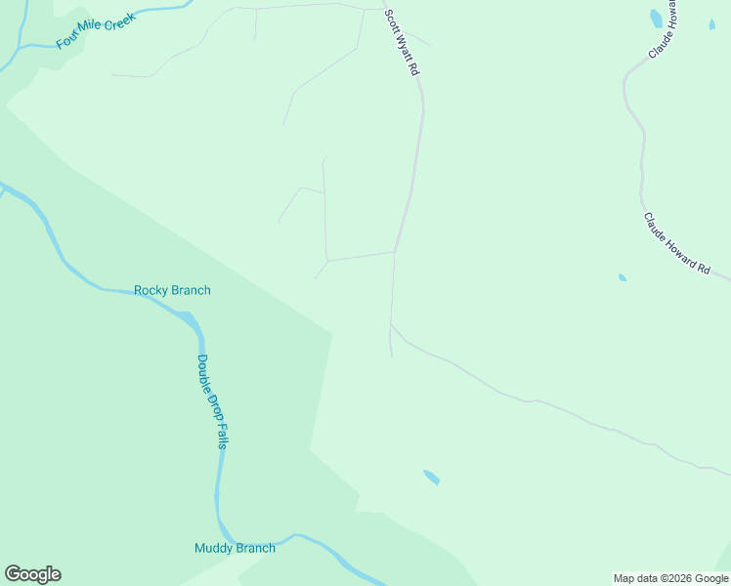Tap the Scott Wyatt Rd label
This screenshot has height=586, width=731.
(x=401, y=43)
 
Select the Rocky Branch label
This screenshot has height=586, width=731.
(x=172, y=290)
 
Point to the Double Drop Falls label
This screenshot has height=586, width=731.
(x=212, y=400)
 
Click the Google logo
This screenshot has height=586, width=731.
(x=32, y=574)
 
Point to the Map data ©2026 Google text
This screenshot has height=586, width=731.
(x=670, y=578)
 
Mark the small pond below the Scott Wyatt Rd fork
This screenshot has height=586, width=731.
(x=431, y=478)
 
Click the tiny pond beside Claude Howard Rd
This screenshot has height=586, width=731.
(x=623, y=277)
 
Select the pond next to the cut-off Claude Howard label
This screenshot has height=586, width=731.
(x=656, y=19)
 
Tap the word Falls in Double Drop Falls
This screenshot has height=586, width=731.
(x=222, y=433)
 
